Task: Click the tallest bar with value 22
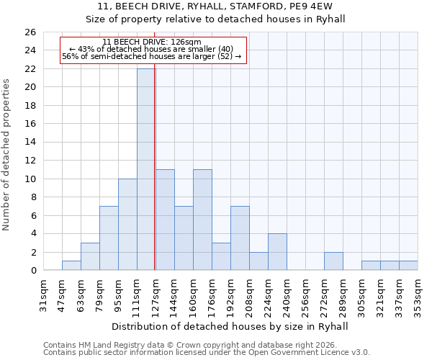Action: (x=146, y=169)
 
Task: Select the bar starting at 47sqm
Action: (x=71, y=266)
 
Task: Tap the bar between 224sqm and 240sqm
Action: (x=277, y=252)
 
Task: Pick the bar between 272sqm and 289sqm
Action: (x=333, y=261)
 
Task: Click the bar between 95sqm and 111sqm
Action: (x=127, y=225)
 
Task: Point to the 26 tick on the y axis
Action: (x=30, y=32)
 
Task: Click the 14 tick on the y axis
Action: (x=30, y=143)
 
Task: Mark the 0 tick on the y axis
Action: (x=33, y=271)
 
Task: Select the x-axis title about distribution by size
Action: (x=230, y=326)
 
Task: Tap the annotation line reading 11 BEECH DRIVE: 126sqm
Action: (x=152, y=42)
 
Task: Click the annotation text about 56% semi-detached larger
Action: (x=152, y=56)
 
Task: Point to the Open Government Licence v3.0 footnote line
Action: (x=207, y=352)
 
